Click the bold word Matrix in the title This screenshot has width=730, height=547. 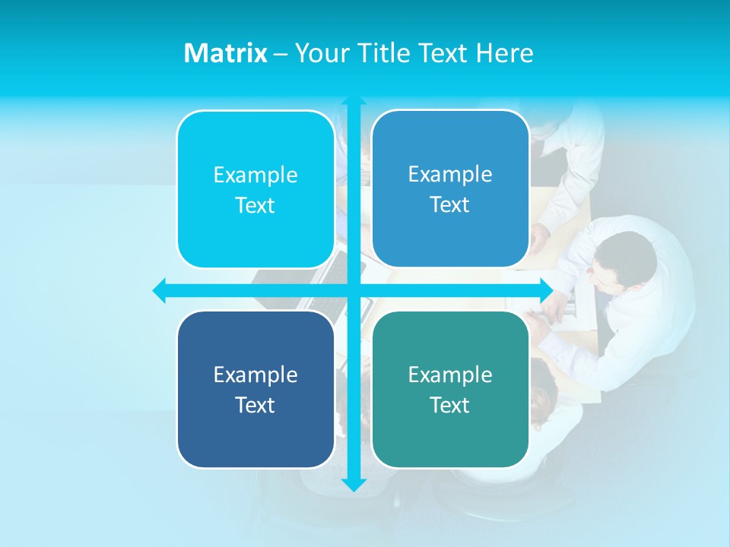pos(225,53)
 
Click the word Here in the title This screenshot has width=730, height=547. pos(504,53)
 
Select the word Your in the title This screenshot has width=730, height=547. pos(322,53)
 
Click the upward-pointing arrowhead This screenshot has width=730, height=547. pos(354,101)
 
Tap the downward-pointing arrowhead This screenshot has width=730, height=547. pos(354,484)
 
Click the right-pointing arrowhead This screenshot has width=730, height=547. pos(546,290)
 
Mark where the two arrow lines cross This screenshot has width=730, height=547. pos(354,290)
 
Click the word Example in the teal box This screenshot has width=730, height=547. pos(450,375)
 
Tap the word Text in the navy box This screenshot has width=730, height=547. pos(255,405)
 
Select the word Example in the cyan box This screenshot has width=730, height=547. pos(255,175)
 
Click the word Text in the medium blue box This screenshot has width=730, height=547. pos(450,204)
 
